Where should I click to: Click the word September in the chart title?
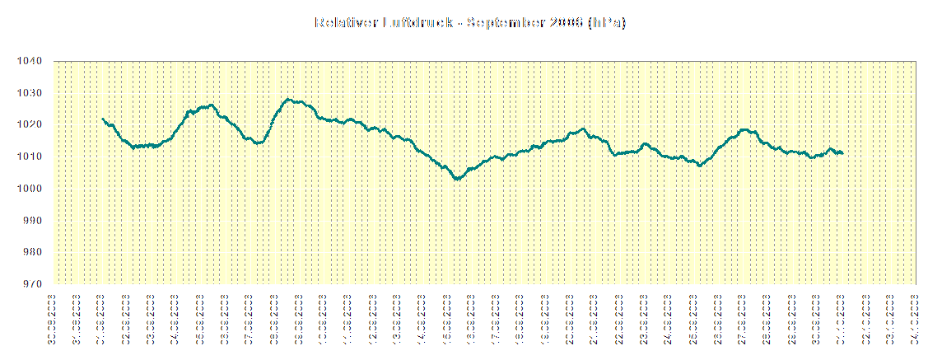[x=503, y=23]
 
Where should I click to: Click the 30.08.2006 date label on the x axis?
[x=53, y=316]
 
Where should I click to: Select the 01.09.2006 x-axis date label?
[x=102, y=316]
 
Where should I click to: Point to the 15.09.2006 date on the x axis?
[x=447, y=316]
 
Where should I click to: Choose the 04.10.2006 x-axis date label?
[x=916, y=316]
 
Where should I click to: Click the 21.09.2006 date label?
[x=595, y=316]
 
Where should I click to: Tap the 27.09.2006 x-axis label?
[x=744, y=316]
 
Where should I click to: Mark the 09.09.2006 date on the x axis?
[x=299, y=316]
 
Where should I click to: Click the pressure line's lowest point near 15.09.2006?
[x=457, y=178]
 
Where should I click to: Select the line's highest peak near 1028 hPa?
[x=289, y=100]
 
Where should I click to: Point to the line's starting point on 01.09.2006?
[x=102, y=119]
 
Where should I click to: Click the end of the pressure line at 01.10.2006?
[x=842, y=152]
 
